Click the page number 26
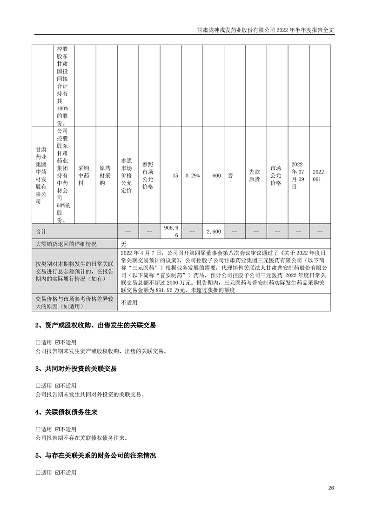tap(331, 488)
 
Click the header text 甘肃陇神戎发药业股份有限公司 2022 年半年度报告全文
tap(266, 29)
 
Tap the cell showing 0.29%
tap(192, 176)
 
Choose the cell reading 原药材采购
tap(105, 176)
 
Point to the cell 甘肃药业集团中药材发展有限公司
tap(41, 176)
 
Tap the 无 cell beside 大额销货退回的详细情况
tap(124, 243)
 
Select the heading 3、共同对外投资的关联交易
tap(76, 368)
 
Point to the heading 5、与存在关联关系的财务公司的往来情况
tap(95, 455)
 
